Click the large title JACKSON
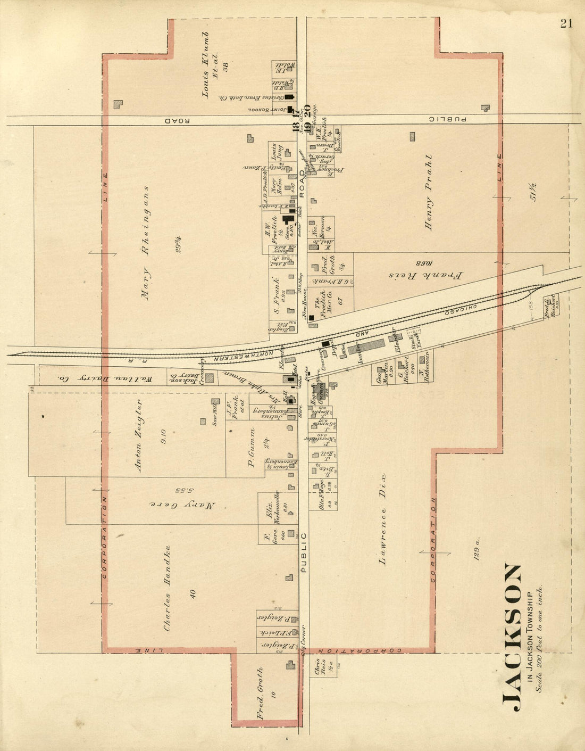(x=512, y=637)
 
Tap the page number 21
(x=565, y=23)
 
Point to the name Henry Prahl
(x=430, y=193)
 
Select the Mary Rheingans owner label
(x=146, y=243)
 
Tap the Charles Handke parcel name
(x=168, y=588)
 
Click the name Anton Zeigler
(x=139, y=435)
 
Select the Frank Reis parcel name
(x=426, y=275)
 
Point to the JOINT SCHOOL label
(x=272, y=110)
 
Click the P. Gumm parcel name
(x=252, y=453)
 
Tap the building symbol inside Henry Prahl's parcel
(x=413, y=136)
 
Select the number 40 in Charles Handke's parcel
(x=193, y=593)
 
